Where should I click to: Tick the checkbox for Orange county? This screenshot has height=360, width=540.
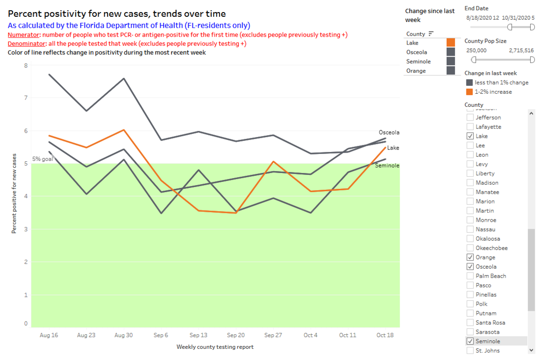470,257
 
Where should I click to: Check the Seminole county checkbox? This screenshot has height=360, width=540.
470,341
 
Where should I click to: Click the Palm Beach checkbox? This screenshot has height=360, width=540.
470,276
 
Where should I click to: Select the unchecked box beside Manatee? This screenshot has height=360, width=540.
470,192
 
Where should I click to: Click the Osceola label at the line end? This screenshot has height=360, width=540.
389,133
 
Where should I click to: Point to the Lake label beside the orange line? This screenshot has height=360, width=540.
393,148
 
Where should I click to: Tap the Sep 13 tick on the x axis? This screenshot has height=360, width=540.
198,335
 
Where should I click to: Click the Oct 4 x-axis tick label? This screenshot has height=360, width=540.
310,335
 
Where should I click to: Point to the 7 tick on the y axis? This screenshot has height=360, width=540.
25,98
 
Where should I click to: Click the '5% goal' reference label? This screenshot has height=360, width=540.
42,159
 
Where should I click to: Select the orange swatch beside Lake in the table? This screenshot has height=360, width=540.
450,43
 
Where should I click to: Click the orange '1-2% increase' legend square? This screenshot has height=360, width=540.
469,92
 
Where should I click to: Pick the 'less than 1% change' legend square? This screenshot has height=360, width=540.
469,82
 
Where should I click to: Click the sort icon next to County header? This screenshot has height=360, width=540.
431,34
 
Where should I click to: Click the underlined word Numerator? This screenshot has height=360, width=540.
24,35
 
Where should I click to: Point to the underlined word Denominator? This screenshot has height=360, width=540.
27,44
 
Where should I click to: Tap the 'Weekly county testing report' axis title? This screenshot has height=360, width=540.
215,347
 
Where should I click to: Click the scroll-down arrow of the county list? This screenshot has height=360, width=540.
531,350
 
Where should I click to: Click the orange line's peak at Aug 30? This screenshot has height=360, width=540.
123,130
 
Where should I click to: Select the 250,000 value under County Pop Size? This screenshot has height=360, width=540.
477,50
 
